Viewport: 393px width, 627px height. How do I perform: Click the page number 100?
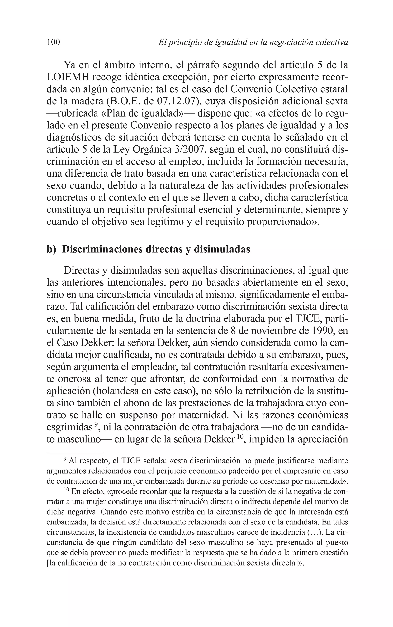pyautogui.click(x=53, y=42)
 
